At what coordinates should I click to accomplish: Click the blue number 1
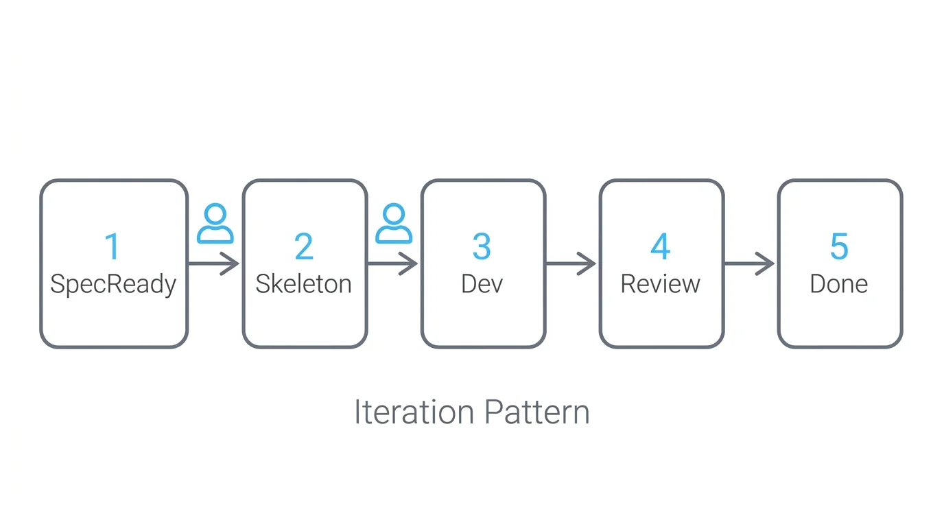pos(113,247)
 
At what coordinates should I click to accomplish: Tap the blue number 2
pos(304,247)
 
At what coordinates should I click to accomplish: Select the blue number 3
pos(482,247)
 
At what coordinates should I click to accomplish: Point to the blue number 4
pos(661,247)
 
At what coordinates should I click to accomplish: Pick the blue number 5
pos(839,247)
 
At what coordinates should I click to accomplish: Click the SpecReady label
pos(113,284)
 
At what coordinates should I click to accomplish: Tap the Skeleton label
pos(304,284)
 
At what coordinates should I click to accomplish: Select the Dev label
pos(482,284)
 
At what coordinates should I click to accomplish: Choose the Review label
pos(661,284)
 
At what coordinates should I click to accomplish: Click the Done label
pos(839,284)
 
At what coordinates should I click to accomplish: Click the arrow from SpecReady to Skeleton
pos(213,263)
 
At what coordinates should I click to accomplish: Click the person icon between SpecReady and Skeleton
pos(215,224)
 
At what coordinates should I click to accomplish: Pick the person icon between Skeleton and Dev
pos(394,224)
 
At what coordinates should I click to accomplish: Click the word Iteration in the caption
pos(414,412)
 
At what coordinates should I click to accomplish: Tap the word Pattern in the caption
pos(537,412)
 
